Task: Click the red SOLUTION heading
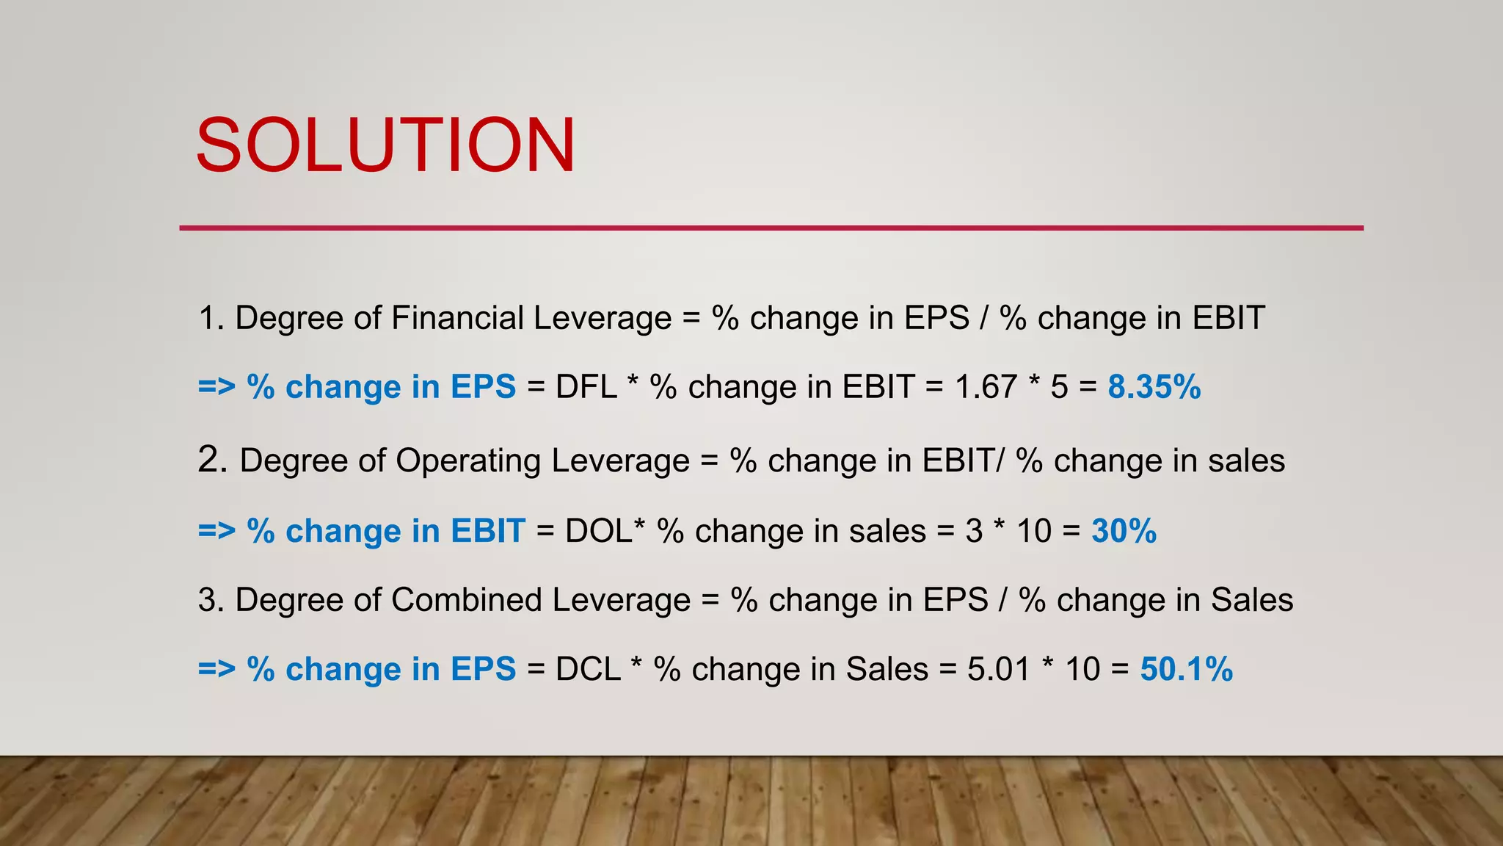pos(385,145)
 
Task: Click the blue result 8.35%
pos(1154,387)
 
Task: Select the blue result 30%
pos(1124,531)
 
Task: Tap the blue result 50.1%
pos(1186,669)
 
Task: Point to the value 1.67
pos(985,387)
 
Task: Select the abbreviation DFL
pos(586,387)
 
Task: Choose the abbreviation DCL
pos(588,669)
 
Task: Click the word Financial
pos(457,318)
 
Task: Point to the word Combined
pos(466,600)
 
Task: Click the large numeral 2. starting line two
pos(213,460)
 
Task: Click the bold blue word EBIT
pos(487,531)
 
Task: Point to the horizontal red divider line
pos(771,228)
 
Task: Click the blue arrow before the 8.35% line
pos(216,387)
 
